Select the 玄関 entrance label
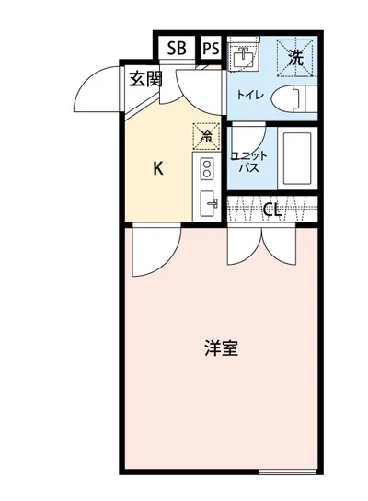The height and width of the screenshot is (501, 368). coord(144,78)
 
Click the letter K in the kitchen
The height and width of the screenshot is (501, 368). coord(157,168)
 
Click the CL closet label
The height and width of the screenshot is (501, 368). coord(271,210)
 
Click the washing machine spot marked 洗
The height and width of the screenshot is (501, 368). coord(295,56)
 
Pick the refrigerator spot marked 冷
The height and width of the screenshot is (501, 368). coord(206,136)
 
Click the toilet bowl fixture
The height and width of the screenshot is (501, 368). coord(296,98)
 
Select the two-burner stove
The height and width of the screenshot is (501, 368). coord(207,168)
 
